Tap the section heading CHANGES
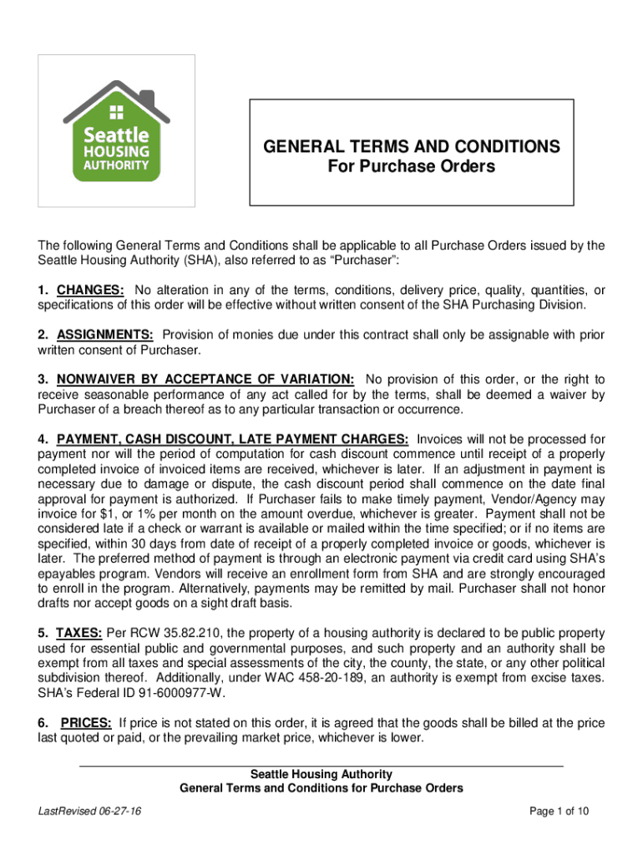click(x=91, y=290)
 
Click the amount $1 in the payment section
click(x=106, y=513)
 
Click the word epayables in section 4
click(x=67, y=573)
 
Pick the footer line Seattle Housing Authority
click(x=321, y=774)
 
